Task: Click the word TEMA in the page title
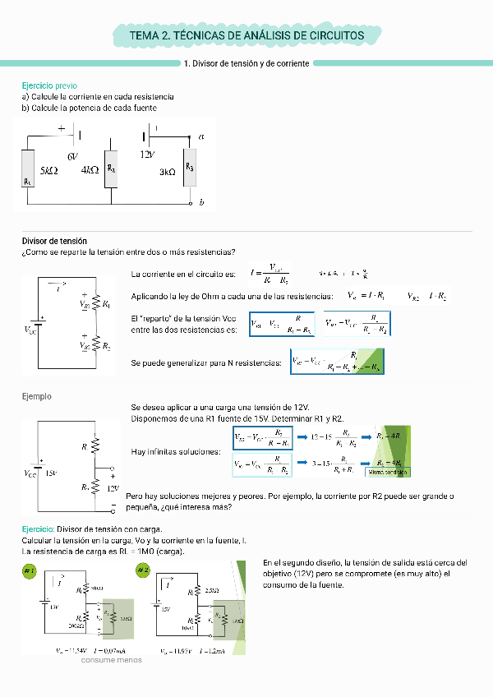pyautogui.click(x=145, y=36)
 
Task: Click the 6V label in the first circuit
pyautogui.click(x=72, y=155)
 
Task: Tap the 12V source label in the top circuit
pyautogui.click(x=147, y=155)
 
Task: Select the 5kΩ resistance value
pyautogui.click(x=49, y=171)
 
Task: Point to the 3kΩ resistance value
pyautogui.click(x=168, y=172)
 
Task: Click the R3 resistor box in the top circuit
pyautogui.click(x=190, y=168)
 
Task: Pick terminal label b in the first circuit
pyautogui.click(x=201, y=201)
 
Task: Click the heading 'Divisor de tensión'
pyautogui.click(x=54, y=241)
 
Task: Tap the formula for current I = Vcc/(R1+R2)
pyautogui.click(x=268, y=274)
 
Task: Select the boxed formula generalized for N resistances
pyautogui.click(x=338, y=362)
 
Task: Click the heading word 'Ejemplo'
pyautogui.click(x=36, y=396)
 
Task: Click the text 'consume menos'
pyautogui.click(x=111, y=659)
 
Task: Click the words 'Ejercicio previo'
pyautogui.click(x=49, y=85)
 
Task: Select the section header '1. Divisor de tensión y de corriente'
pyautogui.click(x=246, y=63)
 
